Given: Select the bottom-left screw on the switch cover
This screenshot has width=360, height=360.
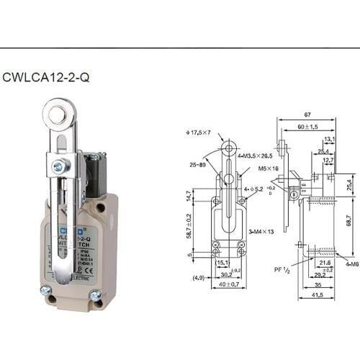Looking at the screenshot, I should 45,291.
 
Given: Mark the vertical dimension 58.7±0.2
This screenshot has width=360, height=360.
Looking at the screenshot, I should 189,226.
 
